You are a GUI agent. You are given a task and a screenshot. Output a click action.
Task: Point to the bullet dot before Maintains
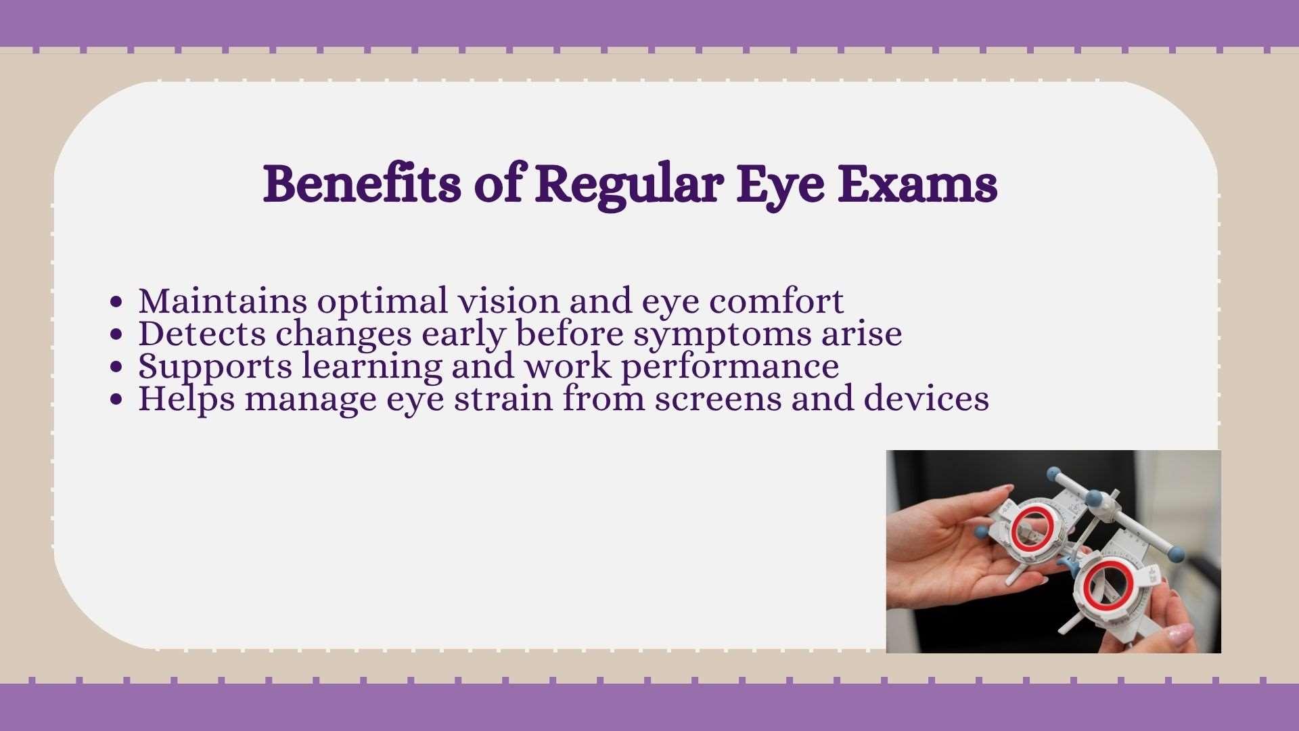point(117,303)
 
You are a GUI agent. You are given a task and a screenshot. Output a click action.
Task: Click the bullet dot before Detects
point(117,335)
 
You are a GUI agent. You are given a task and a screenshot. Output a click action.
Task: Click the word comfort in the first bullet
point(777,301)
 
